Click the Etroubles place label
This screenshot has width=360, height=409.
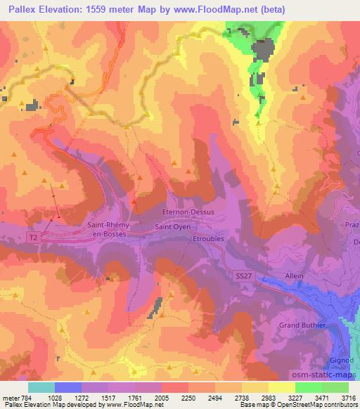pos(209,239)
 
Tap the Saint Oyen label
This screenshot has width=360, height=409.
pos(173,226)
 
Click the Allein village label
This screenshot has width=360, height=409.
pos(294,275)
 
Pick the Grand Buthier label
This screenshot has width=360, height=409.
pos(303,325)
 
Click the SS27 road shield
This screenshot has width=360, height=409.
pos(243,277)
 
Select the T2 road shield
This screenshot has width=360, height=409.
pos(33,238)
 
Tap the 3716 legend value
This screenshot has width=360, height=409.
pos(349,397)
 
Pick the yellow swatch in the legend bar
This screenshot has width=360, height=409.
pos(282,387)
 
